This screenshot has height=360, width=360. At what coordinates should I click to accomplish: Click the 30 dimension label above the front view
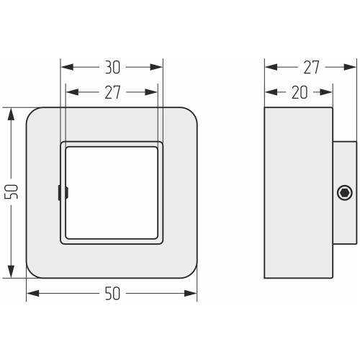[112, 67]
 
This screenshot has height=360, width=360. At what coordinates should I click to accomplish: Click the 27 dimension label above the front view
[112, 92]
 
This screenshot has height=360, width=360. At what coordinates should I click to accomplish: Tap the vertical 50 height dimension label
[12, 192]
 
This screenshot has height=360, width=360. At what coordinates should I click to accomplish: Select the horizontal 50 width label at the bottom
[112, 293]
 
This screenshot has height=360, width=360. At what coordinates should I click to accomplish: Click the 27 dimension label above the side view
[311, 67]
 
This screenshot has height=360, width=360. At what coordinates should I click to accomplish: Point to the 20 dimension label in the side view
[300, 92]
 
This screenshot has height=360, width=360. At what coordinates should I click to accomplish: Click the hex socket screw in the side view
[345, 193]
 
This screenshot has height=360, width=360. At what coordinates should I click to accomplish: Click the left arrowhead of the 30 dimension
[67, 67]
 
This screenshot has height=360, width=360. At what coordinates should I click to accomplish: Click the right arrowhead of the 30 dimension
[156, 67]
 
